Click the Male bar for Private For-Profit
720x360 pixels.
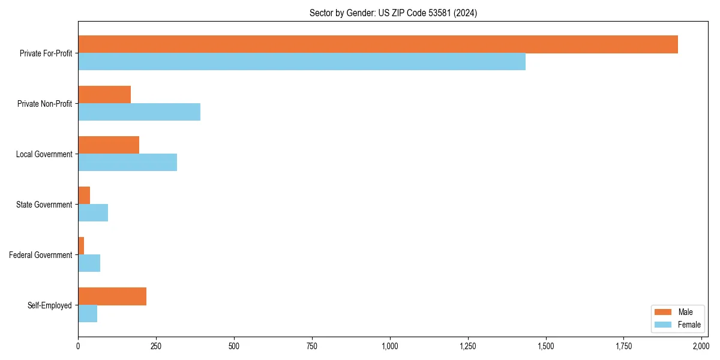tap(378, 44)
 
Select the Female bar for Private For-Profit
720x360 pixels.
tap(302, 62)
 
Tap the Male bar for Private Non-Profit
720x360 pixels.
tap(104, 95)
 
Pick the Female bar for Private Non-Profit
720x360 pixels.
tap(139, 112)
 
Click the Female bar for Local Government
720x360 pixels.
tap(128, 163)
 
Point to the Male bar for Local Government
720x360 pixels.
tap(109, 145)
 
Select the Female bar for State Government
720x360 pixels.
tap(93, 213)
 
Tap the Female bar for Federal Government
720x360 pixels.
tap(89, 263)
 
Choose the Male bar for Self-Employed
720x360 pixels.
tap(112, 296)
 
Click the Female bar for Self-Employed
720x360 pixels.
tap(88, 314)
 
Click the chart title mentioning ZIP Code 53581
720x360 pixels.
tap(393, 13)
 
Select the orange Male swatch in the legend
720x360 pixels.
tap(663, 312)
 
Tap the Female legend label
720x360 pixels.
tap(689, 325)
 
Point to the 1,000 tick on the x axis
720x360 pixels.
tap(390, 346)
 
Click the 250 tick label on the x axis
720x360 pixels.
tap(156, 346)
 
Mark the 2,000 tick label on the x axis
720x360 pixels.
tap(701, 346)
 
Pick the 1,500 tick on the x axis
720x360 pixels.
tap(545, 346)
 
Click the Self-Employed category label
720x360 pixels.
tap(50, 305)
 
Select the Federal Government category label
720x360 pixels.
tap(41, 255)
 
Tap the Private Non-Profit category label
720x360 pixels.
tap(44, 104)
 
